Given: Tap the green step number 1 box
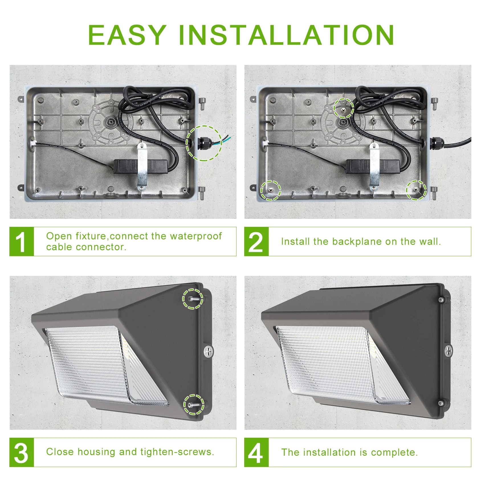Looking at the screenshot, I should pyautogui.click(x=22, y=242).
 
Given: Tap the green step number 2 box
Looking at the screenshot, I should pyautogui.click(x=256, y=242).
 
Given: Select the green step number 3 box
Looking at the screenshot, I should pyautogui.click(x=22, y=452).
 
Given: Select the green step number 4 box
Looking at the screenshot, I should pyautogui.click(x=256, y=452).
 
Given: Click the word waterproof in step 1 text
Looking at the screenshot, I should pyautogui.click(x=196, y=236).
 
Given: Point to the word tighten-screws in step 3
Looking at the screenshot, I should pyautogui.click(x=177, y=452).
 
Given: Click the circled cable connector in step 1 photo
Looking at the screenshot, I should pyautogui.click(x=204, y=142).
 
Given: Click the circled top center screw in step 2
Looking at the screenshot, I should pyautogui.click(x=344, y=109).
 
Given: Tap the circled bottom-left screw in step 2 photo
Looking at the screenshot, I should pyautogui.click(x=270, y=190).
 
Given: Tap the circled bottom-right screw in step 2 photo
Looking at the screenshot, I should pyautogui.click(x=416, y=190).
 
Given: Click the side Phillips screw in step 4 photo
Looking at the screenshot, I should pyautogui.click(x=449, y=350).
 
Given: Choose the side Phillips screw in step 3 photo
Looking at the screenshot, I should pyautogui.click(x=209, y=351).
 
